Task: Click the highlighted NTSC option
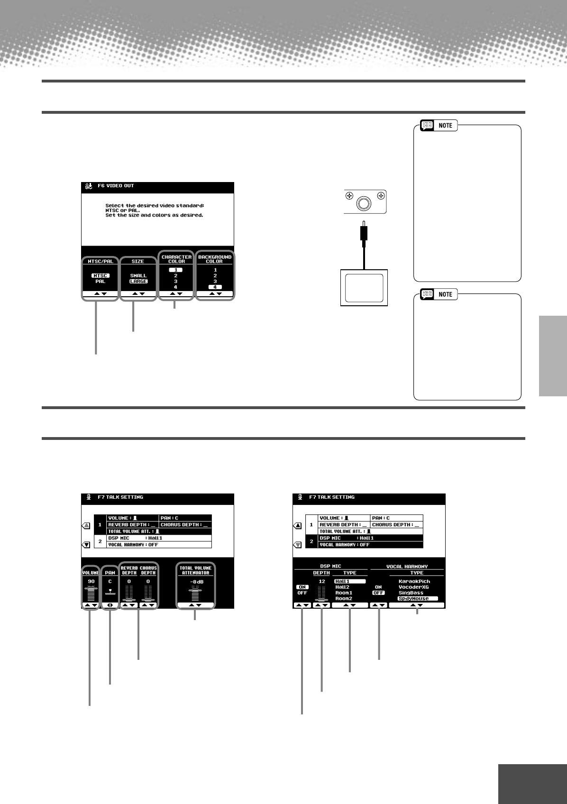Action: (101, 275)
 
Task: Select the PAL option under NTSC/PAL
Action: (101, 282)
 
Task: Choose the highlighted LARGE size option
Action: (138, 282)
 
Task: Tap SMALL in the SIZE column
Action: (138, 275)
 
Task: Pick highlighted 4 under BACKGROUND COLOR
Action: (215, 287)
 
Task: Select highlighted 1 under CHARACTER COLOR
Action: (175, 270)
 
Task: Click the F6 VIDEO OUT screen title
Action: (116, 186)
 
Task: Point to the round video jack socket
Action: (364, 203)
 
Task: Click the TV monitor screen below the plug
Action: (364, 288)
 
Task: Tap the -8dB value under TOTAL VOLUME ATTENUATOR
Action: (196, 582)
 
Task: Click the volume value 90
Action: (91, 582)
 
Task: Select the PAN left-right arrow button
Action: (110, 605)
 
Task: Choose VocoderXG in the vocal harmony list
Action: (413, 587)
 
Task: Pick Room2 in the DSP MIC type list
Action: (344, 599)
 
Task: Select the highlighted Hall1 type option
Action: (349, 581)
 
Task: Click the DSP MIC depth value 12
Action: (322, 582)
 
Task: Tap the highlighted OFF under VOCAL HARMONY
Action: (378, 593)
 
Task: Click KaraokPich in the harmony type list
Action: (414, 582)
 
